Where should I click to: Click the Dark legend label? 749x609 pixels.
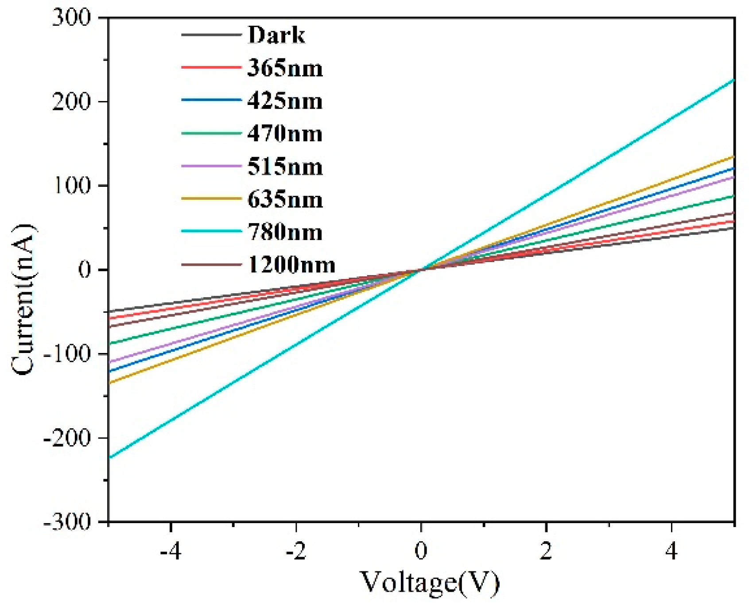coord(276,35)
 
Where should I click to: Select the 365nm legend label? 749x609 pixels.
coord(285,68)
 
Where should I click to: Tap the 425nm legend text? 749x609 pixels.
coord(285,101)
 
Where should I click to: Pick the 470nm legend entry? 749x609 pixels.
coord(285,134)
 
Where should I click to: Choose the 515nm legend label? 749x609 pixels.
coord(285,167)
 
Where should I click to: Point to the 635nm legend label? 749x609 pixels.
coord(285,200)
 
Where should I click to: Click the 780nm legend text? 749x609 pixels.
coord(285,233)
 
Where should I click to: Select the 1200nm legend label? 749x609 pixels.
coord(291,265)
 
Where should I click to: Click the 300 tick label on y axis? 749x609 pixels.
coord(71,18)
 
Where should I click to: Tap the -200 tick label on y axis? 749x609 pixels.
coord(66,438)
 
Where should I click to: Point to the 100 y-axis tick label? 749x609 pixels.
coord(71,186)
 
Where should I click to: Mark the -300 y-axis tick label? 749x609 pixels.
coord(66,522)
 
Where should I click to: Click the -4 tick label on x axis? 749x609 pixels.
coord(171,551)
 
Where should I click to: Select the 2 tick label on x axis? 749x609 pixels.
coord(546,551)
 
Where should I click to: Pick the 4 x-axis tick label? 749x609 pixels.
coord(672,551)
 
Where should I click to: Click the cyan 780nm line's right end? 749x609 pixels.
coord(733,80)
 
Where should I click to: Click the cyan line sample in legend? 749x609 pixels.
coord(211,232)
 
